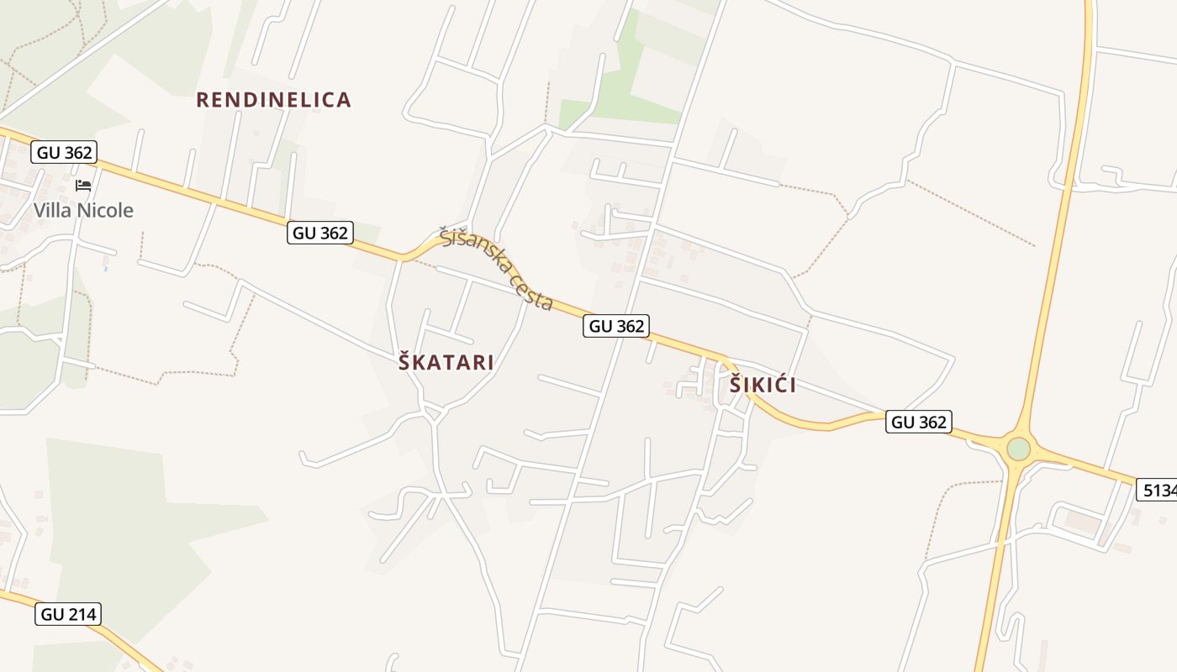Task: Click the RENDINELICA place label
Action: [273, 100]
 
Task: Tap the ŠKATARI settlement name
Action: [446, 363]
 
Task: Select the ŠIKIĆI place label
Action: [763, 386]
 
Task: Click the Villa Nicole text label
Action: [83, 210]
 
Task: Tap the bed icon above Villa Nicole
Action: [82, 186]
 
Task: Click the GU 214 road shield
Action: [69, 614]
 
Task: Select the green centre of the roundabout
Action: [1018, 449]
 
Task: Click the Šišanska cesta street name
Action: [497, 268]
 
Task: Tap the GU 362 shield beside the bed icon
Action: [64, 152]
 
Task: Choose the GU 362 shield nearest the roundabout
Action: [918, 422]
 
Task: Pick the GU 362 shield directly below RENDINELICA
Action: [319, 233]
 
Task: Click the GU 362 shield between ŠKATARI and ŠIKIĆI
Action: [616, 326]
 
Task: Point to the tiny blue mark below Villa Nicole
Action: [105, 269]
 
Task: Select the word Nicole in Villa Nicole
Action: [105, 210]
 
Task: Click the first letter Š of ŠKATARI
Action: [404, 363]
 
